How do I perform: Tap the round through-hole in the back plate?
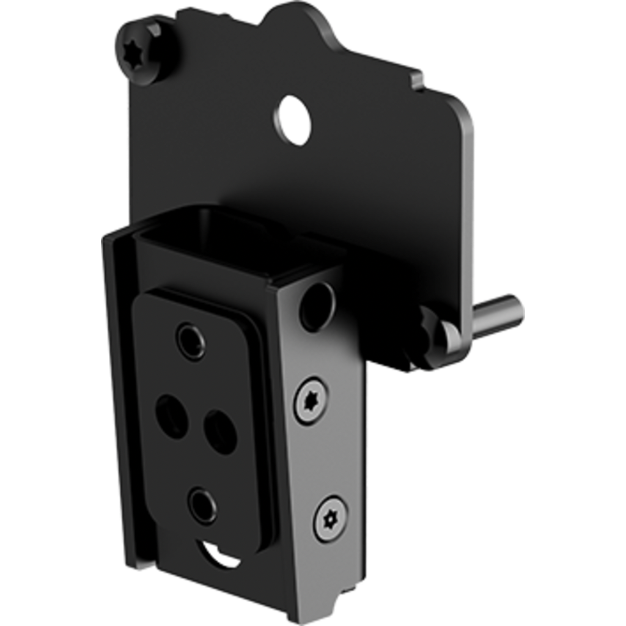coord(295,120)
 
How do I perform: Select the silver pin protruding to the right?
coord(498,313)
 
